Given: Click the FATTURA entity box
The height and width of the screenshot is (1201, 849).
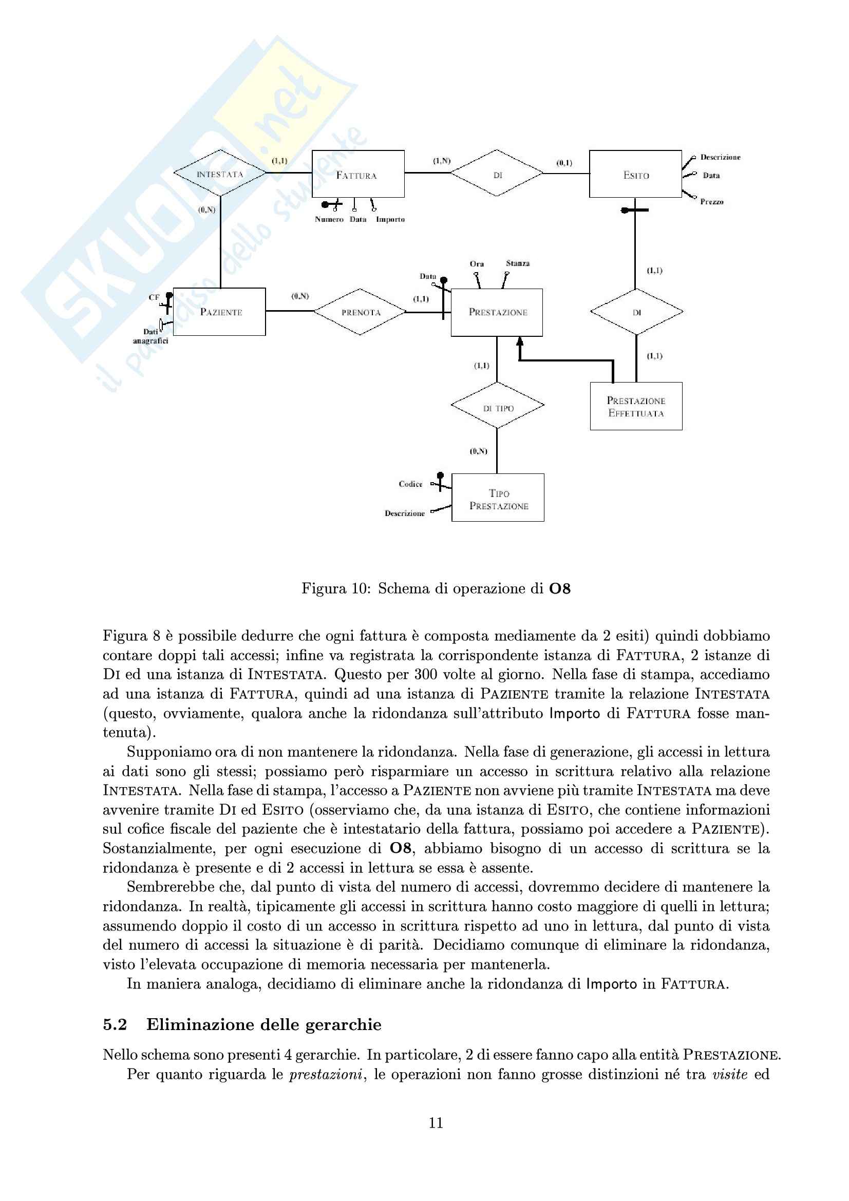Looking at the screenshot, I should (x=358, y=174).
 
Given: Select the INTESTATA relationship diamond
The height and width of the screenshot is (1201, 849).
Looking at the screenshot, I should (x=220, y=174).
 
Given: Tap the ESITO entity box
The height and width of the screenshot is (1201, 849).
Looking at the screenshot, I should (x=635, y=174).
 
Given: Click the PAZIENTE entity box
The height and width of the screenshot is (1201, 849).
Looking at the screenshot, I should (x=220, y=312).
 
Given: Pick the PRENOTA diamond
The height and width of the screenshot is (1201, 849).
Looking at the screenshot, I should (x=361, y=312).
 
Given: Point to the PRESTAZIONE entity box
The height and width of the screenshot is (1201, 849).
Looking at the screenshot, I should (x=497, y=312).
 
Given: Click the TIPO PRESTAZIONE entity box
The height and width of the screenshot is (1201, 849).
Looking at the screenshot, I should (x=498, y=498).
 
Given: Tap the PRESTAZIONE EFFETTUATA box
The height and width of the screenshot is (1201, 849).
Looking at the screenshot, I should (x=636, y=407).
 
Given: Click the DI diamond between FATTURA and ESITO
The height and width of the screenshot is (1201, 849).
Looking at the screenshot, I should (x=497, y=174).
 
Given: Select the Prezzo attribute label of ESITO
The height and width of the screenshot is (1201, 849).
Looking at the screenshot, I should (x=711, y=202).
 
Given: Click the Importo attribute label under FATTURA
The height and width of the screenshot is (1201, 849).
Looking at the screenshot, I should (x=390, y=220).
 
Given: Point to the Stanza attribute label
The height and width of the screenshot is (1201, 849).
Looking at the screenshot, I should (x=517, y=263).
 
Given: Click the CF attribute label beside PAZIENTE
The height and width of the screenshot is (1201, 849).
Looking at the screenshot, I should (x=154, y=298).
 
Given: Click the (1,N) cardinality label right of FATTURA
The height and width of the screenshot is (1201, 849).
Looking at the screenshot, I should (x=442, y=161).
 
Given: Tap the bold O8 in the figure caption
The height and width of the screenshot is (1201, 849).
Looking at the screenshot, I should (x=559, y=589).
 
